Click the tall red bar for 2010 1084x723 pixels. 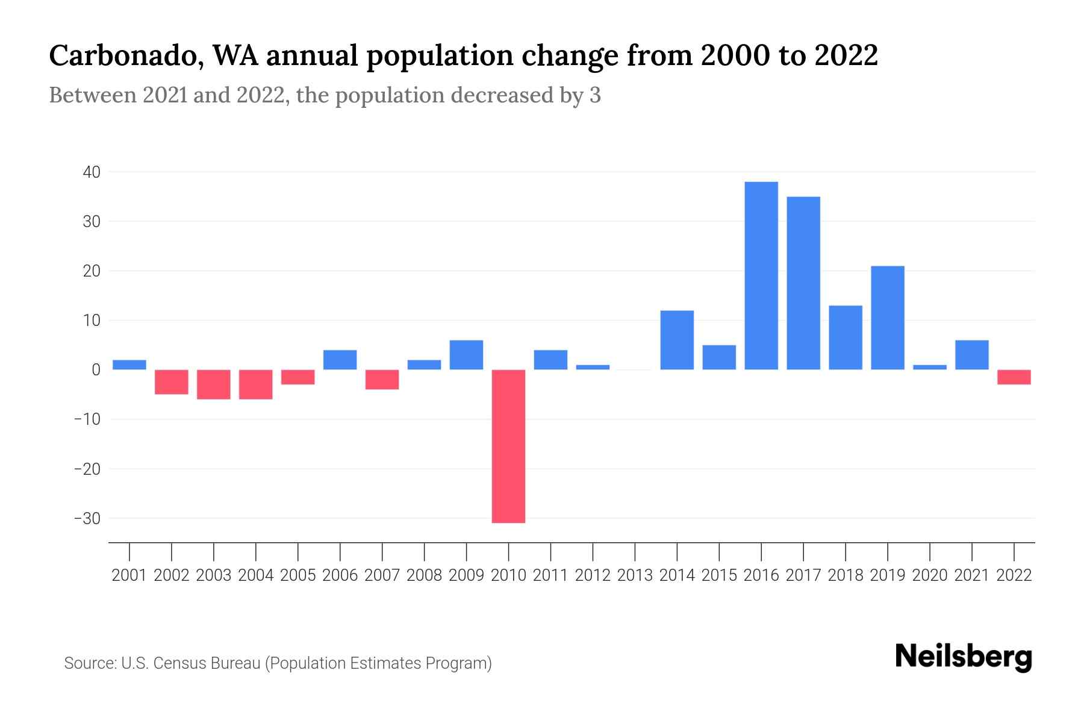coord(508,446)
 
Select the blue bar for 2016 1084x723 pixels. coord(761,275)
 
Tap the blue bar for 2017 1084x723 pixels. coord(803,283)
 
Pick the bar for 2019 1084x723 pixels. coord(888,318)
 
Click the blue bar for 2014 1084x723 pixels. coord(677,340)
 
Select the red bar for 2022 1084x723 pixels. coord(1014,377)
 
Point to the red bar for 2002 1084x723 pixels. coord(172,382)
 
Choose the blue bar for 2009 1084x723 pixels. coord(466,355)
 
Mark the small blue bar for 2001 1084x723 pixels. coord(129,365)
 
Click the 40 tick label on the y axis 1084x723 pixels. coord(92,172)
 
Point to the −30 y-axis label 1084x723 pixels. coord(87,518)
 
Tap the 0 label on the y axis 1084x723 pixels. coord(96,370)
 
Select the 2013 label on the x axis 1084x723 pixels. coord(635,575)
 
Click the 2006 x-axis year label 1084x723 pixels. coord(340,575)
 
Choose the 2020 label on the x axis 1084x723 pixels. coord(930,575)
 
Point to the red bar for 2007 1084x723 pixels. coord(382,380)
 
